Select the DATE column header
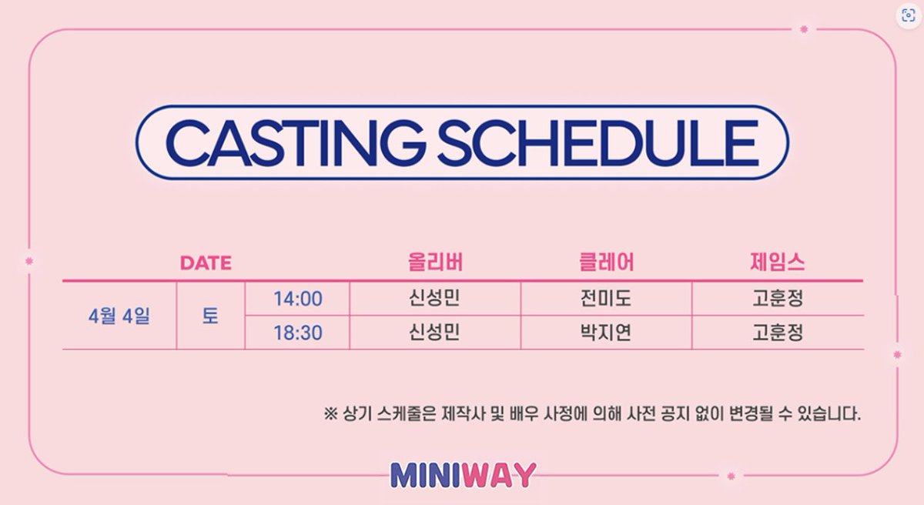(x=206, y=263)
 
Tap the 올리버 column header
(x=435, y=263)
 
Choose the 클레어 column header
(x=606, y=263)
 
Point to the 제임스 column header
(x=777, y=263)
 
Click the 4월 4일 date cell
(x=119, y=316)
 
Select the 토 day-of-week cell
(x=210, y=316)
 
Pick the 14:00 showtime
(x=297, y=299)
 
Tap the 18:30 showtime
(x=297, y=333)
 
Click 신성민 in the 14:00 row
(x=435, y=299)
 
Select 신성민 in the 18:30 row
(x=435, y=333)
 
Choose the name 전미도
(x=606, y=299)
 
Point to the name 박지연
(x=606, y=333)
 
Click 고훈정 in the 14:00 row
(x=777, y=299)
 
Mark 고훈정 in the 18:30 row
(x=777, y=333)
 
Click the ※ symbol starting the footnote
(x=330, y=414)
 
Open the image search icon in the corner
(x=908, y=17)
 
